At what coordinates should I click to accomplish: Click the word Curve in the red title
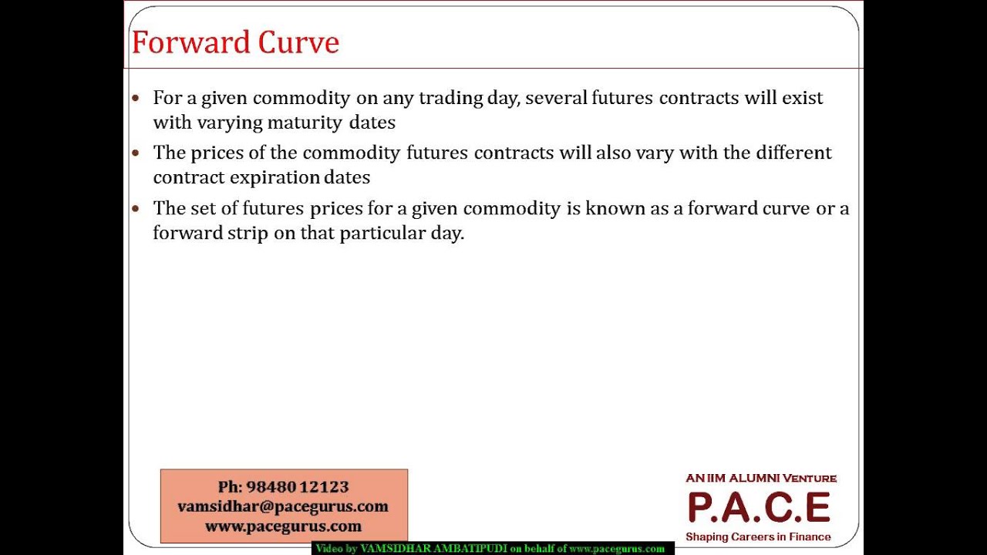point(298,42)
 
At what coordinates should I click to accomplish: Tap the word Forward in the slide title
point(191,42)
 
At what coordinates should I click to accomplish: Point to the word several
point(555,98)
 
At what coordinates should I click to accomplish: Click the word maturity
point(304,123)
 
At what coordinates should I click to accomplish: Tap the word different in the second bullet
point(793,153)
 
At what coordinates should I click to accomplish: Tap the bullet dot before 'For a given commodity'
point(136,99)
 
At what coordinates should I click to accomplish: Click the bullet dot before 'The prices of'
point(136,153)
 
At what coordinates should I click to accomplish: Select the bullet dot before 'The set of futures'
point(136,209)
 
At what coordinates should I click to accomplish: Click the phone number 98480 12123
point(298,486)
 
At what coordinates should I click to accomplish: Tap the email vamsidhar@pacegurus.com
point(283,506)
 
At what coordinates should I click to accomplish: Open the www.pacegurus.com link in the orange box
point(283,526)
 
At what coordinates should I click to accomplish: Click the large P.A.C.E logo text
point(759,507)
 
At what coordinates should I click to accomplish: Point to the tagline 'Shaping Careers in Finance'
point(758,536)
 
